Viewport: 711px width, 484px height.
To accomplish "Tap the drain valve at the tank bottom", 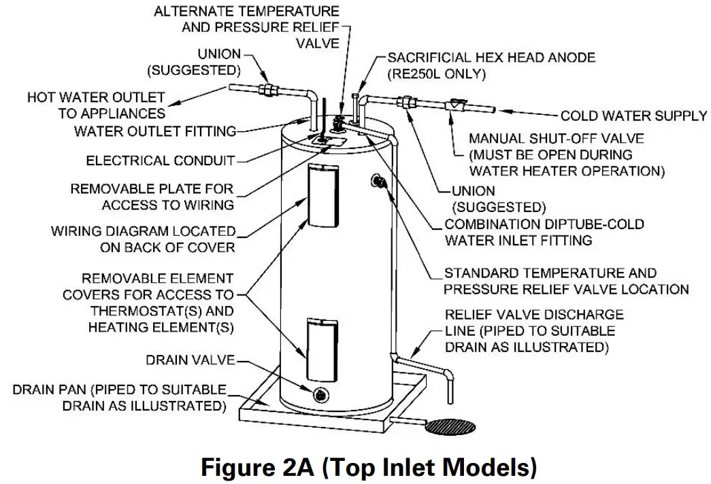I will [x=318, y=395].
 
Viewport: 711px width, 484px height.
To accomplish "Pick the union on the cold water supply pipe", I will [x=409, y=103].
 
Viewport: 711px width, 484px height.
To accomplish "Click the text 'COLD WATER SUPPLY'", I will [x=633, y=116].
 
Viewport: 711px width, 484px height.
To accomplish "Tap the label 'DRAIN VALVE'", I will [x=190, y=360].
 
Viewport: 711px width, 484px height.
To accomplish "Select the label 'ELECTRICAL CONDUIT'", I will [x=160, y=161].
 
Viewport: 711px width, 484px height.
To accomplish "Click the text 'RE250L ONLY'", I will [x=436, y=75].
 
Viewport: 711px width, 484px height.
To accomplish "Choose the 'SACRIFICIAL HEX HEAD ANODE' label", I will [x=491, y=58].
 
